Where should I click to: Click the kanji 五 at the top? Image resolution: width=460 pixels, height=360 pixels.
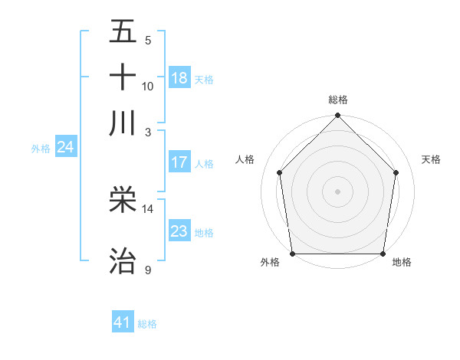coord(123,32)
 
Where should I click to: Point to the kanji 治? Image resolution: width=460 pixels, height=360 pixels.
coord(123,260)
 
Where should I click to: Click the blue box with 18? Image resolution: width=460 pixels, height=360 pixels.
coord(179,77)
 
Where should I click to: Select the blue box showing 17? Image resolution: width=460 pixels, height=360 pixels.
coord(179,162)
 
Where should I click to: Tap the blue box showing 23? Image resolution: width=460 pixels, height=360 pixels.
coord(179,231)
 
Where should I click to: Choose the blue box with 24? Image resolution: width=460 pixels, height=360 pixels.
coord(65,146)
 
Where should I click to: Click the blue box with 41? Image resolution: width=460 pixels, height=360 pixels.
coord(123,322)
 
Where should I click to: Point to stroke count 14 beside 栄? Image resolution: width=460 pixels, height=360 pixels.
coord(148,208)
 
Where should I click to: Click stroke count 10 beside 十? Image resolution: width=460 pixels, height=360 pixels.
coord(148,86)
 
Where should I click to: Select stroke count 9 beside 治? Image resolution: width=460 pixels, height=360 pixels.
coord(148,270)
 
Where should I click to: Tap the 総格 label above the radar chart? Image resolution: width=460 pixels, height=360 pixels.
coord(338,100)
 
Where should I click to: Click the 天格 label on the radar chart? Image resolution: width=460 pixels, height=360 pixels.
coord(431,159)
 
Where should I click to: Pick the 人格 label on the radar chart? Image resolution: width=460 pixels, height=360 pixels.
coord(245,159)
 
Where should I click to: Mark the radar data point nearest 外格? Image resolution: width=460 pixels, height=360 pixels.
coord(293,254)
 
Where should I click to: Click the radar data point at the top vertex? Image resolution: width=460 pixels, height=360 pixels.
coord(338,116)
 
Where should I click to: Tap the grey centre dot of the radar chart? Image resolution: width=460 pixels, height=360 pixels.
coord(338,191)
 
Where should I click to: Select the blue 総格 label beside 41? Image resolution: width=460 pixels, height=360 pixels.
coord(147,324)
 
